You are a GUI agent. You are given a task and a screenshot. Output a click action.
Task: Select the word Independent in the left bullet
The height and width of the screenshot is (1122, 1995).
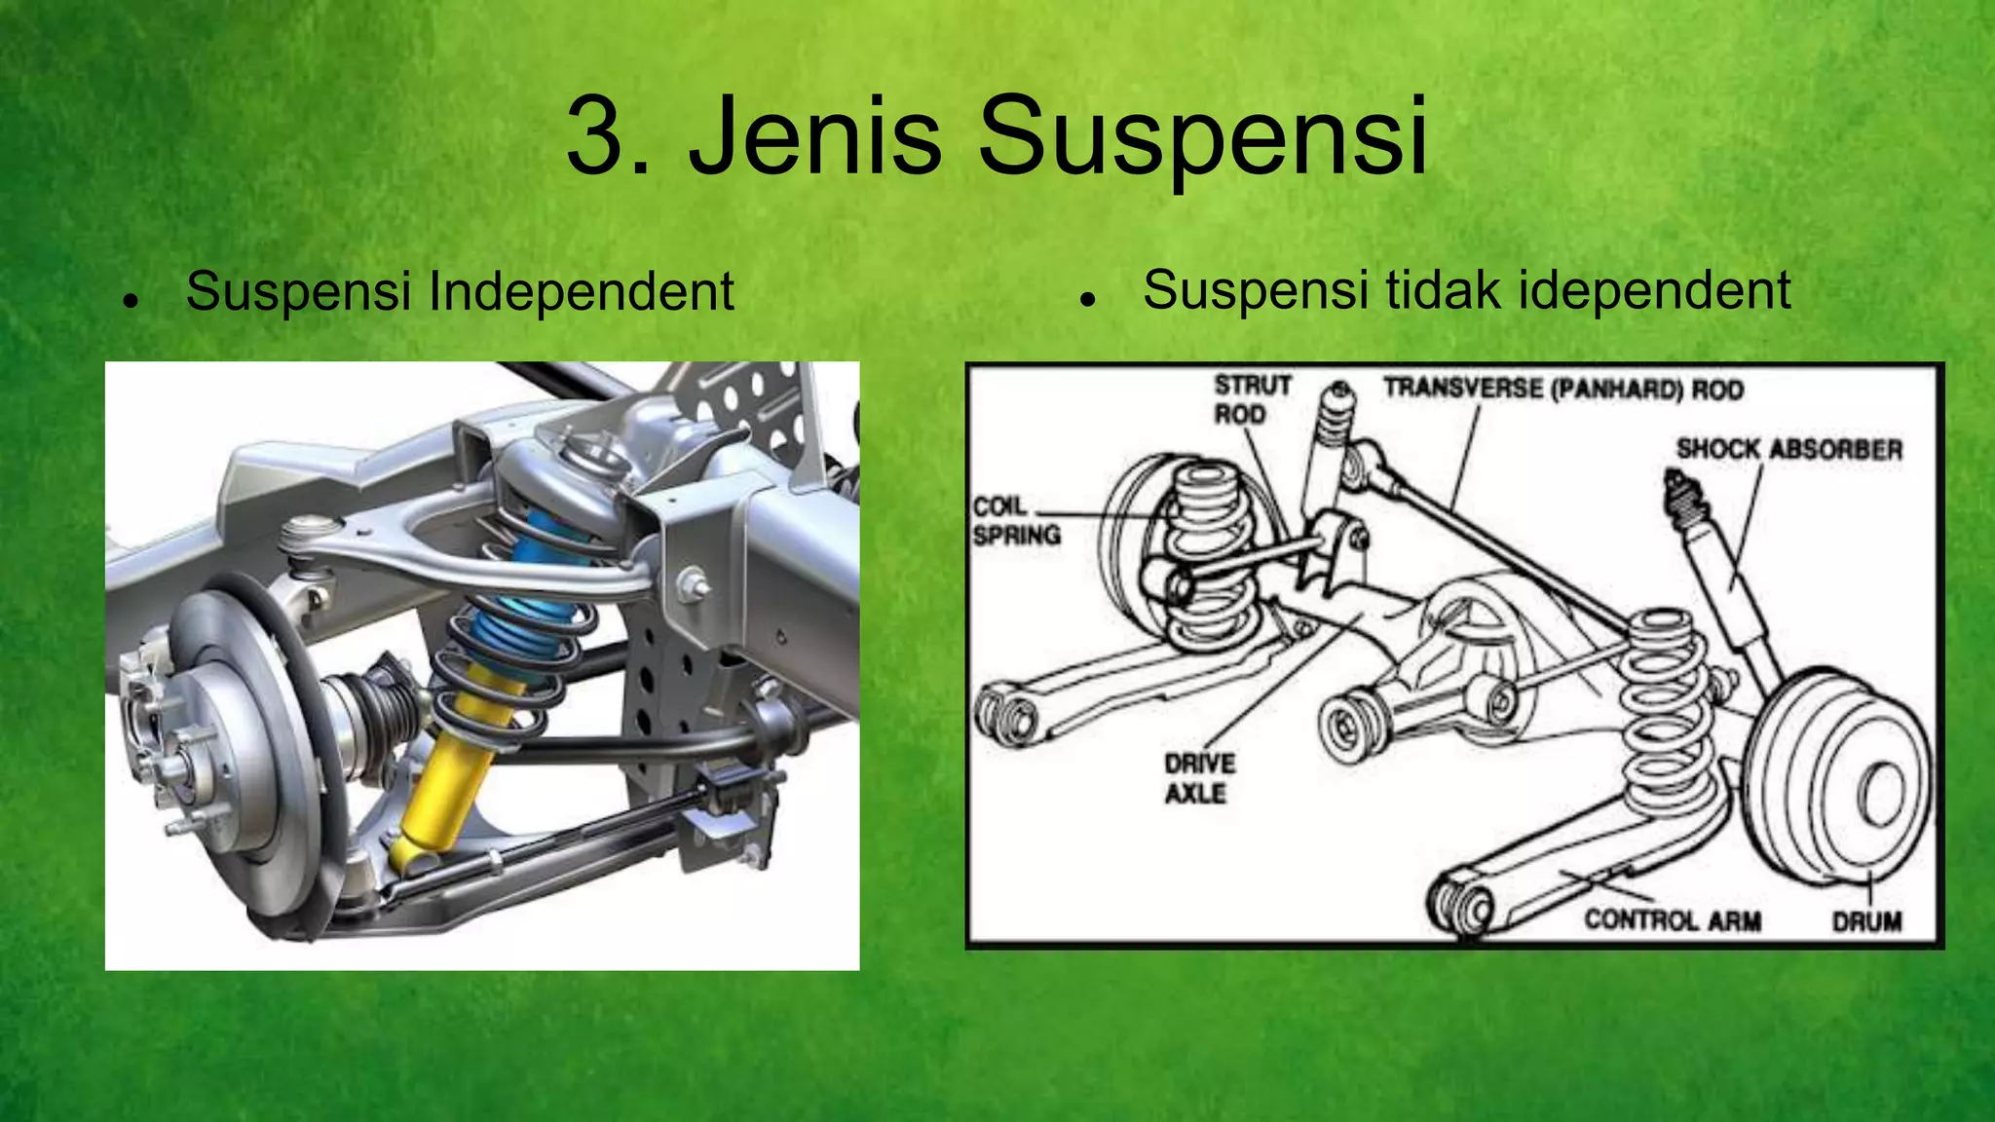pos(581,291)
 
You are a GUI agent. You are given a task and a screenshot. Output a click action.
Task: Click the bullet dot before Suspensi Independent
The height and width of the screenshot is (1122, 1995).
pos(128,301)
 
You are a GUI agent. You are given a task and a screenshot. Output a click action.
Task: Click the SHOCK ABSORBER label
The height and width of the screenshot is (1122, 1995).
pos(1788,449)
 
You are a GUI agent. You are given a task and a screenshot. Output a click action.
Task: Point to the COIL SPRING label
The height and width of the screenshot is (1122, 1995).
pos(1015,520)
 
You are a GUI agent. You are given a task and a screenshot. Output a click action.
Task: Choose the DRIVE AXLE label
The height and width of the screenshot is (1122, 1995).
pos(1198,778)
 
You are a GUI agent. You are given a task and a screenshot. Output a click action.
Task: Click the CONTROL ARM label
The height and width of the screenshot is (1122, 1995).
pos(1672,920)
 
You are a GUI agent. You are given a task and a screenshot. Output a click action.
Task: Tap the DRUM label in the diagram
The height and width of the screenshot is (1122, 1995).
pos(1866,921)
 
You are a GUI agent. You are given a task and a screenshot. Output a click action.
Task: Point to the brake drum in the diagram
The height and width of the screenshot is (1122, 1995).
pos(1841,779)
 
